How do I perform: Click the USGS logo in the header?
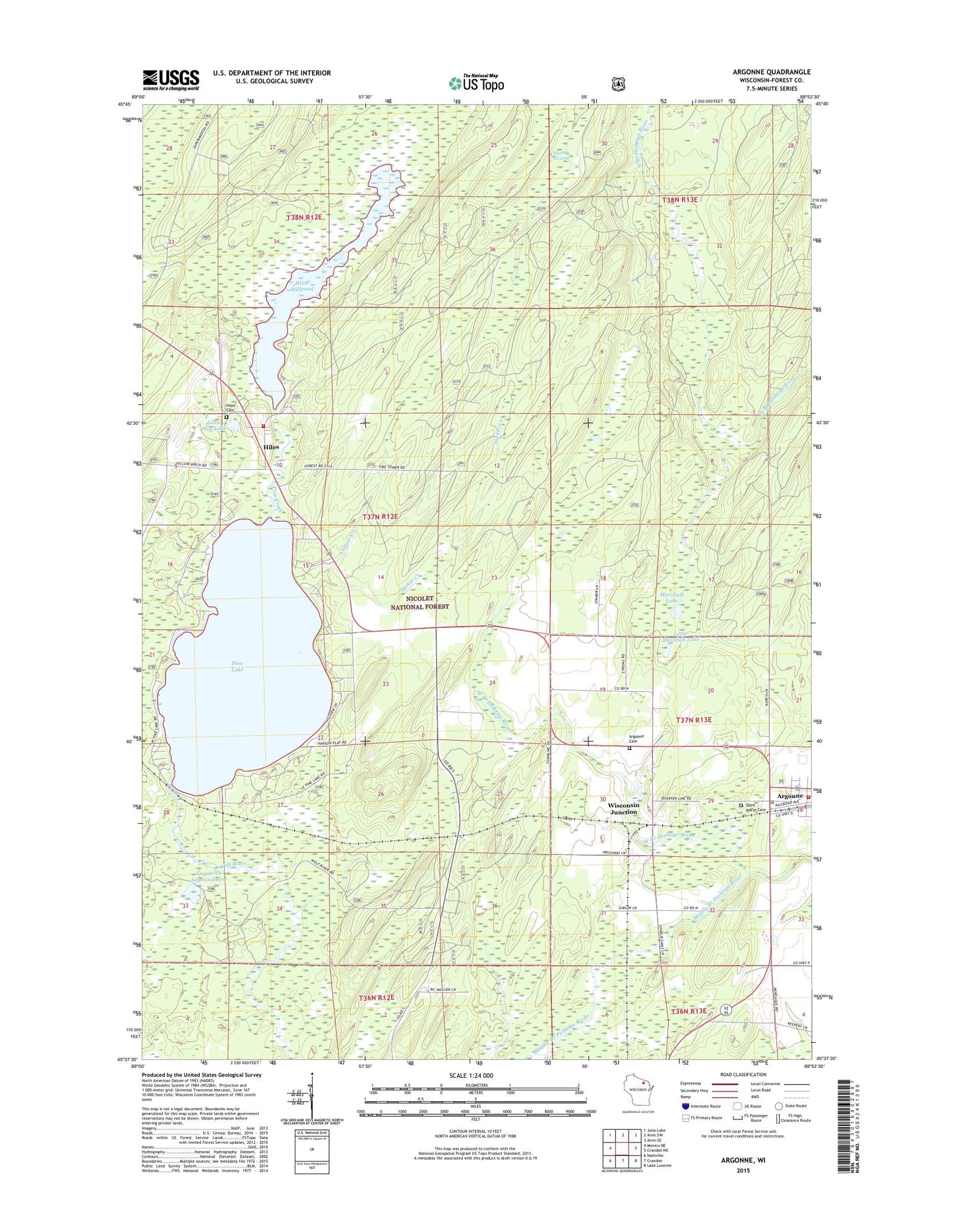[x=171, y=80]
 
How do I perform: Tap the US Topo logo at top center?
[x=476, y=82]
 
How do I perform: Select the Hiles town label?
[x=271, y=447]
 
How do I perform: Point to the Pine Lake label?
[x=237, y=666]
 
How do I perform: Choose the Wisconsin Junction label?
[x=623, y=809]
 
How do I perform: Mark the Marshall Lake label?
[x=671, y=598]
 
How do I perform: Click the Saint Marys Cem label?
[x=756, y=808]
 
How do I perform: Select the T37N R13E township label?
[x=690, y=720]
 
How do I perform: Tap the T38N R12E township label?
[x=303, y=217]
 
